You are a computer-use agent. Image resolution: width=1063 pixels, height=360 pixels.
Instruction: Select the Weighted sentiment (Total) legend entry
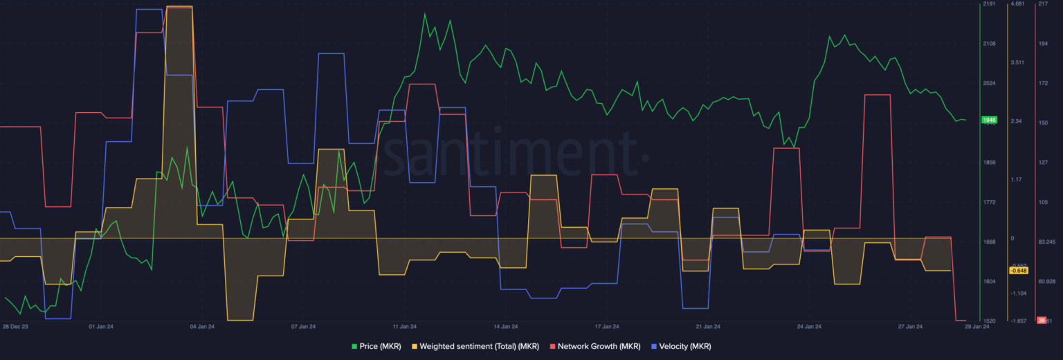tap(475, 346)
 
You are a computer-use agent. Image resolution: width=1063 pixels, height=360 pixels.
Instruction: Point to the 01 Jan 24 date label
tap(101, 326)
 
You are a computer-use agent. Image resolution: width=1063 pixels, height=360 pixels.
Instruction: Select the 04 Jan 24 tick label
tap(202, 326)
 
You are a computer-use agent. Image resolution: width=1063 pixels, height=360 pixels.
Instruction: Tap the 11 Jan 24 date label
tap(404, 326)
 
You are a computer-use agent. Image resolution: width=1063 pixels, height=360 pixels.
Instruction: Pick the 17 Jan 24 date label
tap(607, 326)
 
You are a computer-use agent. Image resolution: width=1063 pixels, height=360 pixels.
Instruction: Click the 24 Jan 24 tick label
tap(809, 326)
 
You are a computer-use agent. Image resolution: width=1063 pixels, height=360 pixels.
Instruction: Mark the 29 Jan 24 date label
tap(976, 326)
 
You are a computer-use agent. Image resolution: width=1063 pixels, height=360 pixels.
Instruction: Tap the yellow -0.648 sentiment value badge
tap(1018, 271)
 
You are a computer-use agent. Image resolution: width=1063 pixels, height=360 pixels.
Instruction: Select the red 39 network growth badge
tap(1041, 321)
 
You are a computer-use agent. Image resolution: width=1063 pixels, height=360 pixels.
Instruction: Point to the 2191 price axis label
tap(989, 4)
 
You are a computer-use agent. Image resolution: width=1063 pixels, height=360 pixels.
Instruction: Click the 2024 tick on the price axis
tap(989, 83)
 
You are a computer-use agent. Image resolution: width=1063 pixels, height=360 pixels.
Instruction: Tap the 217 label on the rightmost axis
tap(1043, 4)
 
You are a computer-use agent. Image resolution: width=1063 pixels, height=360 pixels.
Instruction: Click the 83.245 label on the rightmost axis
tap(1046, 242)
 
